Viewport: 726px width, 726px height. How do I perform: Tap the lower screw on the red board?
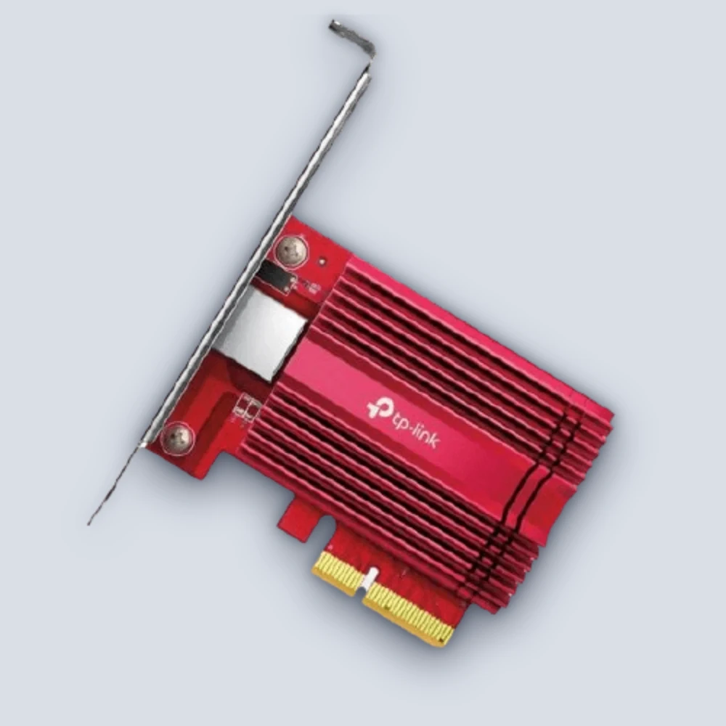click(177, 438)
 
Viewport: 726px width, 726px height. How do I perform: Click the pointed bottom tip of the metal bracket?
click(89, 524)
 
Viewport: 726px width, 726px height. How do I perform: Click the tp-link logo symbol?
click(376, 409)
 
